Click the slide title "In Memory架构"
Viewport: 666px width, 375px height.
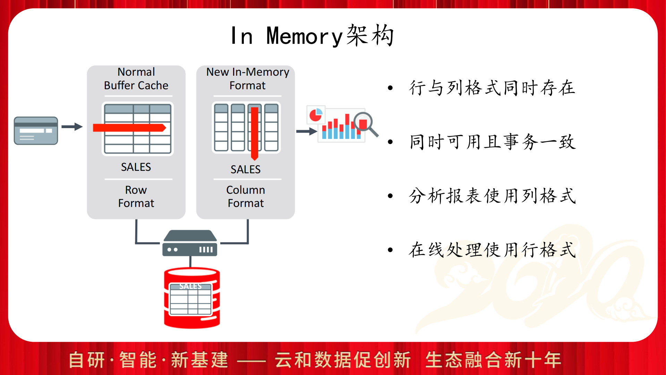(x=312, y=35)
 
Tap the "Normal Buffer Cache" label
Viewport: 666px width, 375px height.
(x=136, y=78)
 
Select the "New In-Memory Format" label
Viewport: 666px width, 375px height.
(x=247, y=78)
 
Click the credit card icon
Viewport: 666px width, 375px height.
(x=36, y=131)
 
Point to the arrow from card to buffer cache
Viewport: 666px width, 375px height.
(x=72, y=127)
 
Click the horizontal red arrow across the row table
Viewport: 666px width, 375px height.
(x=129, y=128)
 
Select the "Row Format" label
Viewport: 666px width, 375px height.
(x=136, y=197)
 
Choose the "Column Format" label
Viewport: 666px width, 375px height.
(x=246, y=197)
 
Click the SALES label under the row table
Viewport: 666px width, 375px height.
(x=136, y=167)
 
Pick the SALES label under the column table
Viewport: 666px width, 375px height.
(x=246, y=169)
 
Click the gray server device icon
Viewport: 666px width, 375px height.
(x=190, y=243)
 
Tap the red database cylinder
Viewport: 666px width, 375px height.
(x=192, y=298)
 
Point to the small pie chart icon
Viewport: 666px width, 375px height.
(x=316, y=115)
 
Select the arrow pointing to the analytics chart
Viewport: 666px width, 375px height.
(x=307, y=131)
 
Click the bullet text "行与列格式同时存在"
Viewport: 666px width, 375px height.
(x=492, y=87)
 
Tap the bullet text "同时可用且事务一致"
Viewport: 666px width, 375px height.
(x=492, y=142)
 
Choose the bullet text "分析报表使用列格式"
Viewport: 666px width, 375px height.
(x=492, y=196)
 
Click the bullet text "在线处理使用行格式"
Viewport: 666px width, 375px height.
(x=492, y=250)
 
